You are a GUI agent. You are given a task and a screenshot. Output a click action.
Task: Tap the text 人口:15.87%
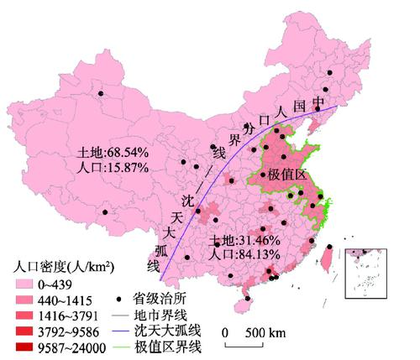coord(113,167)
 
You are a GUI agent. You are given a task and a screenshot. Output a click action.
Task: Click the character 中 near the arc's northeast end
coord(318,102)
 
